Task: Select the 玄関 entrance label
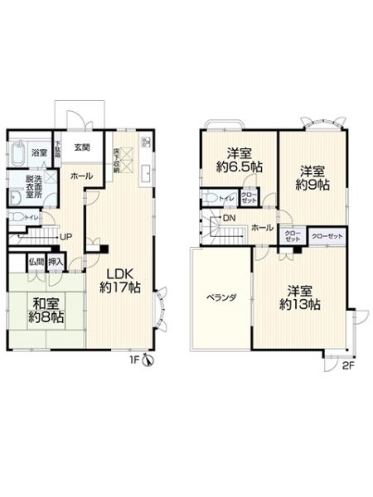tap(81, 148)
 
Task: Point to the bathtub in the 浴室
tap(19, 155)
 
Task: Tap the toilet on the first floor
tap(16, 218)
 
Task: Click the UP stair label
tap(63, 236)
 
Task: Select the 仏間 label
tap(36, 262)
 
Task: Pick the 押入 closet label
tap(56, 262)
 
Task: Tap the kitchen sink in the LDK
tap(146, 173)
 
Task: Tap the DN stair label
tap(228, 218)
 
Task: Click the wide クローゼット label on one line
tap(327, 236)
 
